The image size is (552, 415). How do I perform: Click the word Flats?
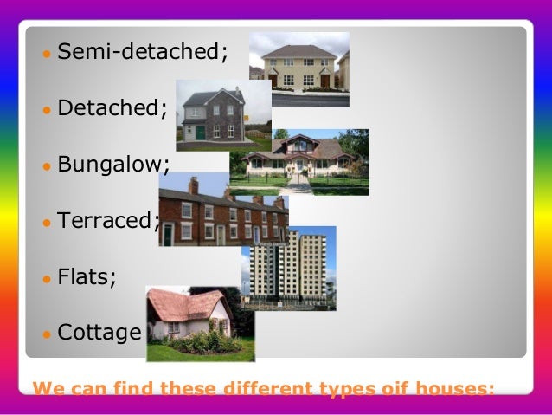pyautogui.click(x=84, y=276)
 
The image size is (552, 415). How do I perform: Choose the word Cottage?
pyautogui.click(x=99, y=332)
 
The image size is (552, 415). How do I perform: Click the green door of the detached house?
pyautogui.click(x=200, y=133)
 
